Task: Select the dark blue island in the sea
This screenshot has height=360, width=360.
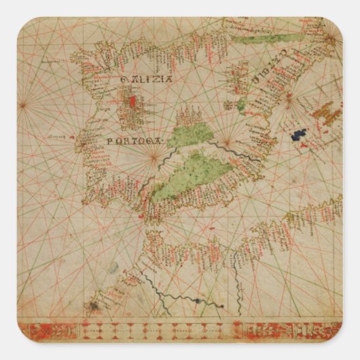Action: (299, 135)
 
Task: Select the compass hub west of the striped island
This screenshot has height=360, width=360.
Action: (289, 97)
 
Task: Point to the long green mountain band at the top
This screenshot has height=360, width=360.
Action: (265, 39)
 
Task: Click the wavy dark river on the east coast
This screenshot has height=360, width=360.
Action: (231, 151)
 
